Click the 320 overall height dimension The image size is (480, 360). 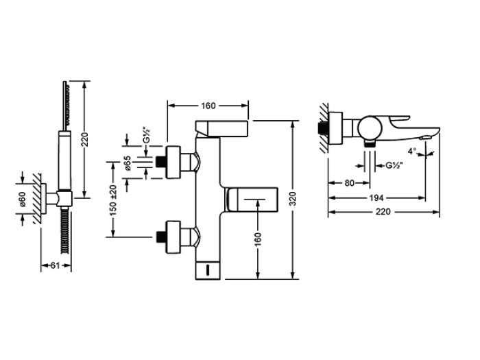[x=293, y=198]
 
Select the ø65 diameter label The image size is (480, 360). [x=128, y=163]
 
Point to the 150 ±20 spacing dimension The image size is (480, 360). [x=113, y=200]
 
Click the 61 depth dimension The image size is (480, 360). [x=55, y=265]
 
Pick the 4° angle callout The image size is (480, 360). [x=412, y=151]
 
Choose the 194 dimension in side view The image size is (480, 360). [x=376, y=197]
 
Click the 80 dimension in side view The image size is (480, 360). [x=349, y=183]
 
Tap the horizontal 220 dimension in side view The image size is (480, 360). [x=383, y=211]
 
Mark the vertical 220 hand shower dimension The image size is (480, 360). [x=86, y=139]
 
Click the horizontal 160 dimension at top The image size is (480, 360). [x=208, y=106]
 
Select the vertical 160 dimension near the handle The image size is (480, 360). [x=258, y=239]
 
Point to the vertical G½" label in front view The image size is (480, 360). [x=147, y=135]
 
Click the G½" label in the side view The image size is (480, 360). [x=394, y=166]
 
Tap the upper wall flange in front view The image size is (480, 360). [x=173, y=163]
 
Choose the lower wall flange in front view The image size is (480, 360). [x=173, y=237]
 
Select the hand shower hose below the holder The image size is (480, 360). [x=64, y=230]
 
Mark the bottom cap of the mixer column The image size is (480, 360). [x=208, y=271]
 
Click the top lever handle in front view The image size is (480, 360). [x=221, y=128]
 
